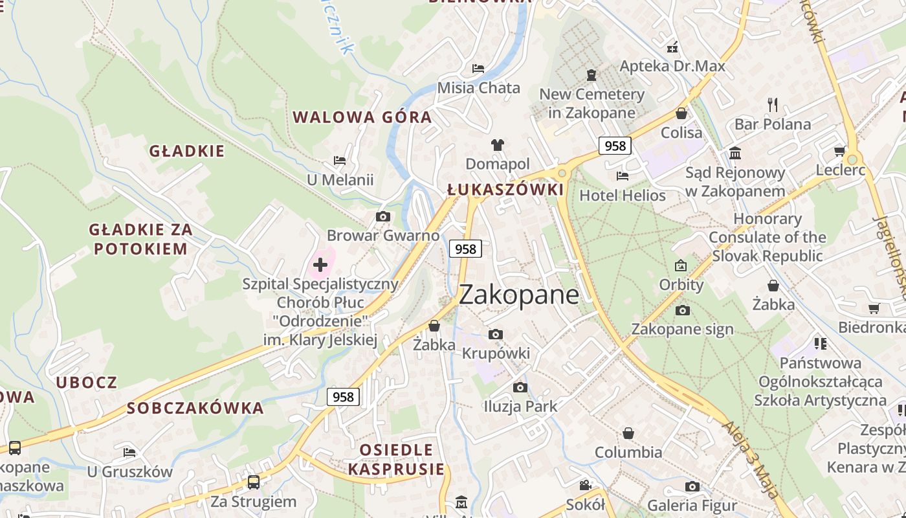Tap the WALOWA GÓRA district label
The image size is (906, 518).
tap(362, 117)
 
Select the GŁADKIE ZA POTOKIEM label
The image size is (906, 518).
tap(140, 239)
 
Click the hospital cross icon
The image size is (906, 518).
tap(320, 264)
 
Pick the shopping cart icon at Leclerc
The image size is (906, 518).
tap(839, 151)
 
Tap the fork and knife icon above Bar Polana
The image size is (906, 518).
tap(772, 104)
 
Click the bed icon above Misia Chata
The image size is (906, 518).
tap(478, 68)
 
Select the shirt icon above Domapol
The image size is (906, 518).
tap(497, 144)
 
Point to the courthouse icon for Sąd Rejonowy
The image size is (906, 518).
tap(735, 153)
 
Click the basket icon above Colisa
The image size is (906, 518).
tap(681, 113)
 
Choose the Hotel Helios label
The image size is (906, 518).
tap(622, 195)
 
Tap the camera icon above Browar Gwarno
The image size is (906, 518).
tap(383, 216)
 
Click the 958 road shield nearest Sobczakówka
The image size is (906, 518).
tap(343, 396)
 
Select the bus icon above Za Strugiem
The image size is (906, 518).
tap(254, 482)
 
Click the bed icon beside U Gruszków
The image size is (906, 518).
tap(129, 452)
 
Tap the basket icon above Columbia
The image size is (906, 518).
tap(628, 433)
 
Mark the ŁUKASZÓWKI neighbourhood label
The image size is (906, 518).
tap(505, 190)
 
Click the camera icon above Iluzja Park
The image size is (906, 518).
tap(520, 387)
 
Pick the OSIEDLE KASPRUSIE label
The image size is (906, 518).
tap(396, 459)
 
